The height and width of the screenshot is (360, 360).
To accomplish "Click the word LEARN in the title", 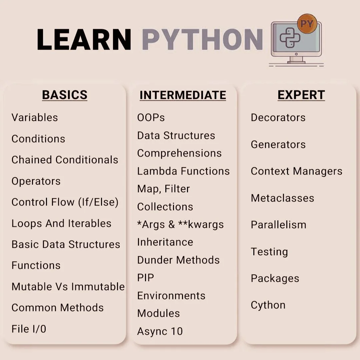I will [x=84, y=39].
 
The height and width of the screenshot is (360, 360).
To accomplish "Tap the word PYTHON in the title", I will [x=202, y=39].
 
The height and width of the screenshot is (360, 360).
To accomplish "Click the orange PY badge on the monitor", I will [x=307, y=24].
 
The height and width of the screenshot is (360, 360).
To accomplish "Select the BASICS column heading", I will [x=65, y=95].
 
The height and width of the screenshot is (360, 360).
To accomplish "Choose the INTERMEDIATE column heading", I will [x=183, y=95].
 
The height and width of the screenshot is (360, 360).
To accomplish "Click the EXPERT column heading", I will [x=301, y=95].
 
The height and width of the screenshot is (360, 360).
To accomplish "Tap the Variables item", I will [x=35, y=118].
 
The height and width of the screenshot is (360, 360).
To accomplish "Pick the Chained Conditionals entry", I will [x=65, y=160].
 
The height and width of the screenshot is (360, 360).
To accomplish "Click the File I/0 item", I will [x=29, y=329].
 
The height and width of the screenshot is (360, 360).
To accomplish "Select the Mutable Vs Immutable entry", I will [x=68, y=287].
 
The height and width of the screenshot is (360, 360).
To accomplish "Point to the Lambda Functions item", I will [x=183, y=171].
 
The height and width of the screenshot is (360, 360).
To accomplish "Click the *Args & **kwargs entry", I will [x=180, y=224].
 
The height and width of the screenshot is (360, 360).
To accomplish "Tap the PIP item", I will [x=146, y=278].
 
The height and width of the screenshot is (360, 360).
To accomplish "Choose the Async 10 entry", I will [x=160, y=331].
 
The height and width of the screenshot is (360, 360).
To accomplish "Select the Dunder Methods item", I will [x=178, y=260].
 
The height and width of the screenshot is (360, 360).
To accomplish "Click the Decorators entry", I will [x=278, y=118].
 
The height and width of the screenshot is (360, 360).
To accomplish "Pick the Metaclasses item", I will [x=282, y=198].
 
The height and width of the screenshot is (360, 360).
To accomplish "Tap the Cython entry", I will [x=268, y=305].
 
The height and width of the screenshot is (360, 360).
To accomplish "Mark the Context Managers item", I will [x=296, y=171].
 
